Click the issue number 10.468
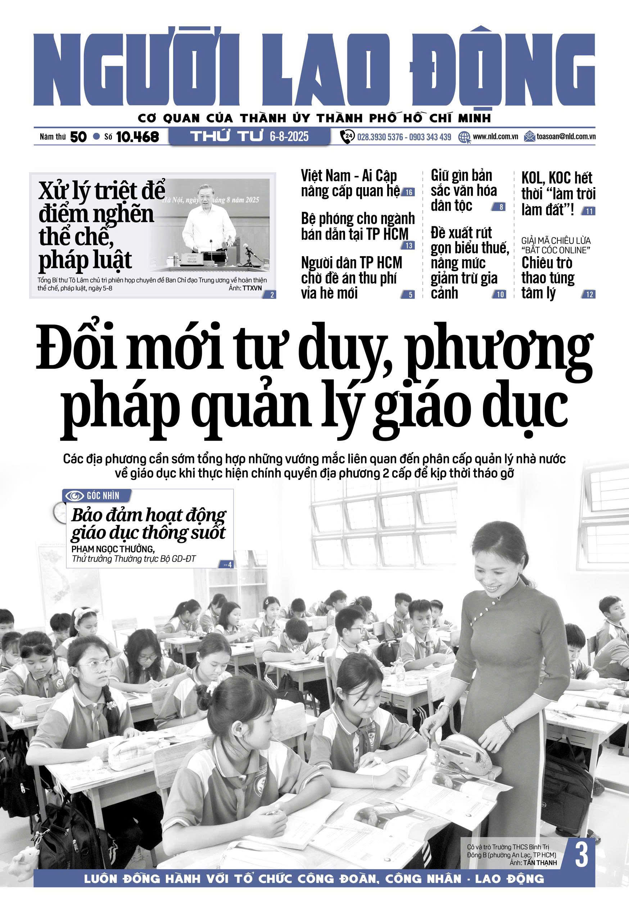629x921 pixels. click(137, 137)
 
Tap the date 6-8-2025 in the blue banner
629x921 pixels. click(289, 137)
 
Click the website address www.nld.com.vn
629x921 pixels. click(495, 137)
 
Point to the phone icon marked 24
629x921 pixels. click(348, 137)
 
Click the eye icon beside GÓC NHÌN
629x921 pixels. click(74, 495)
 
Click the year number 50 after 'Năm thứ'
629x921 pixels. click(78, 137)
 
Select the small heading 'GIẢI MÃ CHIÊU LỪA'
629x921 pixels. click(556, 241)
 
